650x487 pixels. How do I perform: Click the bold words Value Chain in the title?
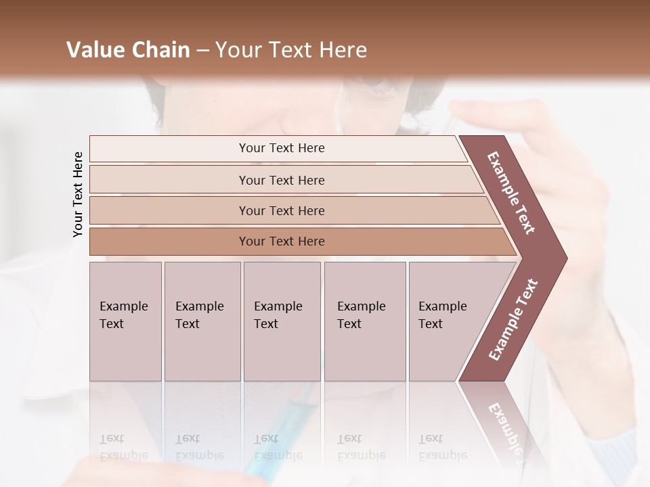128,50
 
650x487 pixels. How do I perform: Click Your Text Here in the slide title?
291,50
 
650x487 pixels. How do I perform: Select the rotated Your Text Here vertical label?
78,194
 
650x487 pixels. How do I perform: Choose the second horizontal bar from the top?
281,180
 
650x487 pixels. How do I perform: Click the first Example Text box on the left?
125,321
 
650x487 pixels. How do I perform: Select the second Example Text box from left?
202,321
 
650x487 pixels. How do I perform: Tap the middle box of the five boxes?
282,321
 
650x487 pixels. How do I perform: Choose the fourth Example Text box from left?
365,321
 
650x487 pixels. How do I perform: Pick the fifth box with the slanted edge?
447,321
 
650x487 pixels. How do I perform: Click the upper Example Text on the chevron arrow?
512,193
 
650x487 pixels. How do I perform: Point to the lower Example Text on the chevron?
513,320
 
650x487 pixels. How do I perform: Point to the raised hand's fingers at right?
487,112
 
